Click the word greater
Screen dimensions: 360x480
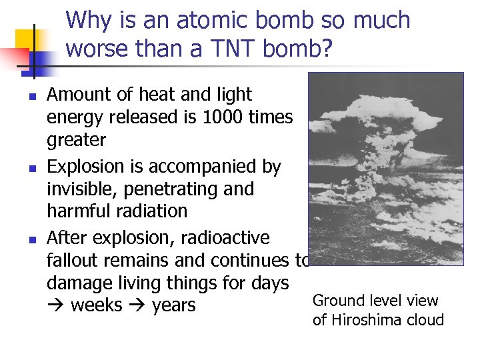[76, 141]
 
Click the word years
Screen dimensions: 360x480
[173, 306]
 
